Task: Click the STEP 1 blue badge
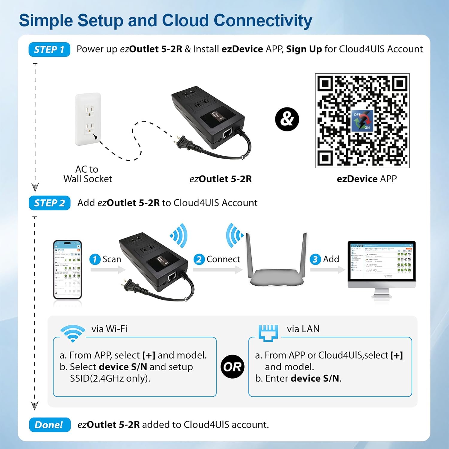pos(49,49)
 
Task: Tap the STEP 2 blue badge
pos(49,203)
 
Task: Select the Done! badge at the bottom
pos(50,425)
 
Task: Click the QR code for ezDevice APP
pos(362,121)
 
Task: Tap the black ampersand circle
pos(287,119)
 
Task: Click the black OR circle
pos(232,367)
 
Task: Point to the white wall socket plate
pos(88,119)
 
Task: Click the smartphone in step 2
pos(67,269)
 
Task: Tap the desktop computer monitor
pos(381,263)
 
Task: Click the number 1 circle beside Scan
pos(95,259)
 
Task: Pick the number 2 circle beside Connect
pos(199,259)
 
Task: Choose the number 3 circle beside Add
pos(315,259)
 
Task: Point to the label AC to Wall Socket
pos(87,174)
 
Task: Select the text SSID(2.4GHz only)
pos(110,378)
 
